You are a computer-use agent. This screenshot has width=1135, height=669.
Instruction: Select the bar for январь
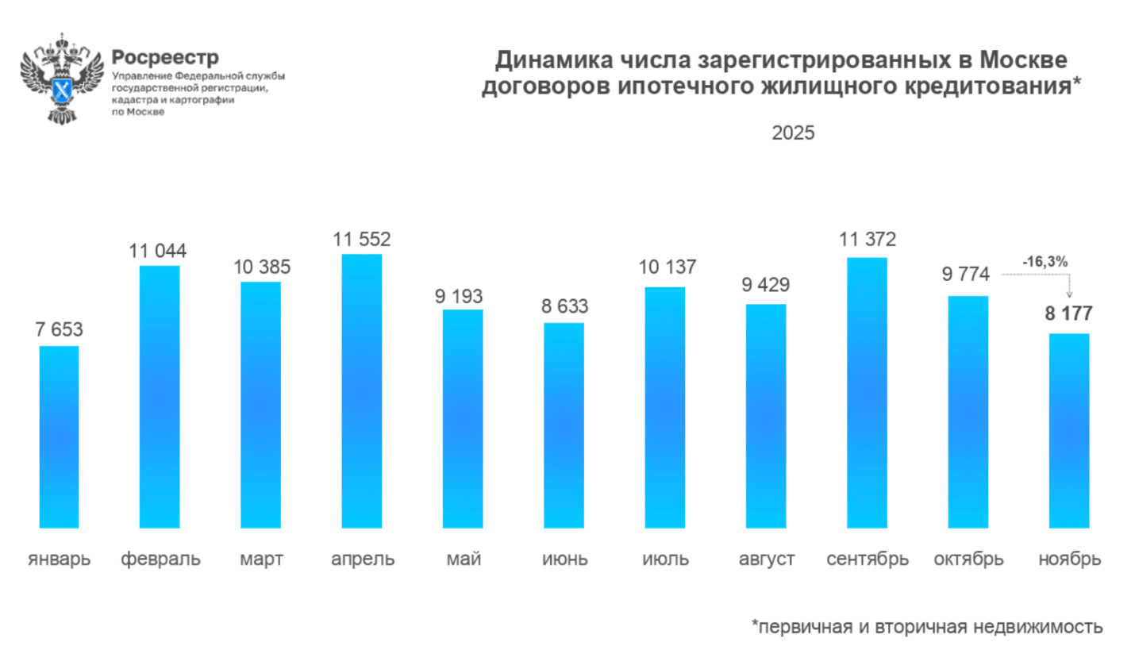click(59, 436)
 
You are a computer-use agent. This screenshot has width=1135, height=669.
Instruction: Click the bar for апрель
click(362, 390)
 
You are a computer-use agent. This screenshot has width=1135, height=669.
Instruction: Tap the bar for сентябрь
click(867, 392)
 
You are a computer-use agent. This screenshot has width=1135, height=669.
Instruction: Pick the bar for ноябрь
click(1069, 430)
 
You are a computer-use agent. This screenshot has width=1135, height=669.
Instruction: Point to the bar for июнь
click(564, 425)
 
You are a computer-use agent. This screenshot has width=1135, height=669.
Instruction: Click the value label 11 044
click(158, 252)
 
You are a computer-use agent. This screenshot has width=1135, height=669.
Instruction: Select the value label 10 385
click(262, 267)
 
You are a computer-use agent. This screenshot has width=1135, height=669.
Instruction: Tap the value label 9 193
click(459, 297)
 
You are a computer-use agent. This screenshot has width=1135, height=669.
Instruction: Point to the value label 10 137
click(668, 267)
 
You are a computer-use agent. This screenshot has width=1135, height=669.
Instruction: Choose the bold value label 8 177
click(1068, 313)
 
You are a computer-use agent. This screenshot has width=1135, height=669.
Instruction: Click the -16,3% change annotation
click(1045, 262)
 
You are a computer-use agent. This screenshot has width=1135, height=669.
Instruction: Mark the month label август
click(767, 559)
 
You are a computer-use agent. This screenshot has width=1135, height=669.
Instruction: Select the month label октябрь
click(968, 559)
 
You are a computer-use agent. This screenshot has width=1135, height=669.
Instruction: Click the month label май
click(464, 559)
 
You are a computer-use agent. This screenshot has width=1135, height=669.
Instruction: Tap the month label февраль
click(160, 559)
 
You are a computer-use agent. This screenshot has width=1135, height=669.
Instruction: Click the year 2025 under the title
click(793, 133)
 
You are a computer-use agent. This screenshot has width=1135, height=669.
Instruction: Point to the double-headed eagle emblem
click(62, 78)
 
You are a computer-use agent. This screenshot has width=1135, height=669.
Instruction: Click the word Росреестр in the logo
click(165, 57)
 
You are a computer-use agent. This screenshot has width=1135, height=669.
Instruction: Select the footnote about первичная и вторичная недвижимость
click(927, 627)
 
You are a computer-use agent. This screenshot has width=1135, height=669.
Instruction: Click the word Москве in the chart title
click(1023, 60)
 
